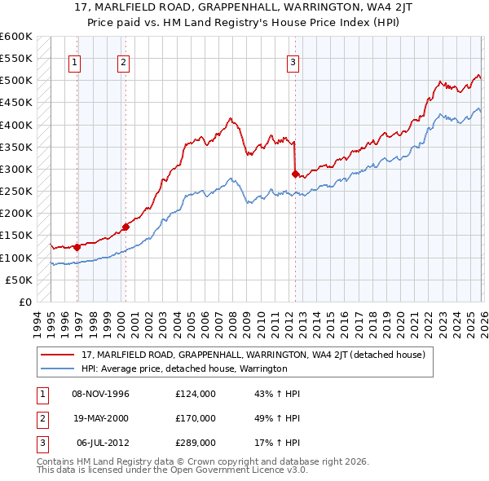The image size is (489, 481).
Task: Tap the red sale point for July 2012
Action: [x=295, y=174]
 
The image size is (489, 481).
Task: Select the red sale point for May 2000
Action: [x=126, y=227]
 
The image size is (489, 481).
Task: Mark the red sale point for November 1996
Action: [x=77, y=247]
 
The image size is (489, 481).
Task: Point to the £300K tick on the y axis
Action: [x=16, y=170]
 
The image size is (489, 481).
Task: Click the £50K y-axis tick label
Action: [x=19, y=280]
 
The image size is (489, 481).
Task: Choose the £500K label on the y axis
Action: [x=16, y=81]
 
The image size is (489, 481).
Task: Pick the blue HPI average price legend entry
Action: [x=184, y=368]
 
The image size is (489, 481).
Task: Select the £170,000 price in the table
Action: [x=196, y=418]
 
